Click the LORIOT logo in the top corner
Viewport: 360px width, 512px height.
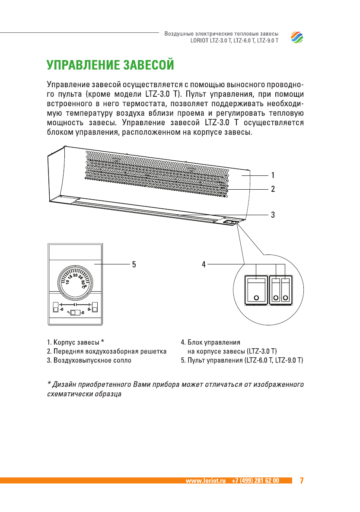pyautogui.click(x=297, y=38)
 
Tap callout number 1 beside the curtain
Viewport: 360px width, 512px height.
pyautogui.click(x=273, y=175)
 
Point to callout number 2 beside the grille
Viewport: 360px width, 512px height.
pyautogui.click(x=273, y=189)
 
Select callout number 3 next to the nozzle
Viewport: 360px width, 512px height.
pyautogui.click(x=273, y=214)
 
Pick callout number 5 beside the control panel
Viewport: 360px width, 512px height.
pyautogui.click(x=134, y=264)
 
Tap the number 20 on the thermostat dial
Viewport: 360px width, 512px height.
pyautogui.click(x=75, y=275)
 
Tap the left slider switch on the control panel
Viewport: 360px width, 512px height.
pyautogui.click(x=55, y=308)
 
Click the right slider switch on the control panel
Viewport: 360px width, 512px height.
pyautogui.click(x=95, y=308)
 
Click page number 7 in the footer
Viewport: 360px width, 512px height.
pyautogui.click(x=302, y=480)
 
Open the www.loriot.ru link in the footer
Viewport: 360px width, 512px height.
pyautogui.click(x=206, y=480)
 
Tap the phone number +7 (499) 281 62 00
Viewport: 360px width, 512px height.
pyautogui.click(x=255, y=480)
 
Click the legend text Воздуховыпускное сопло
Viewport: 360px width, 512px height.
pyautogui.click(x=92, y=360)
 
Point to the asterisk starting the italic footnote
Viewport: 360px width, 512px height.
pyautogui.click(x=49, y=384)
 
